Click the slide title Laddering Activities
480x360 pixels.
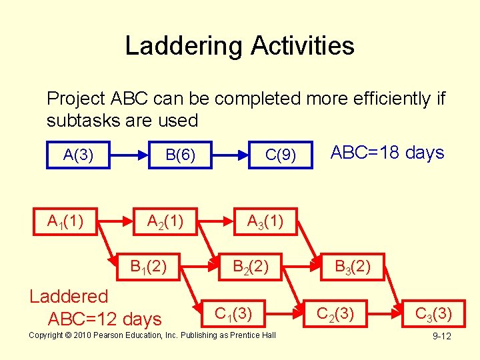pyautogui.click(x=239, y=46)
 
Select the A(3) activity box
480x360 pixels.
pyautogui.click(x=78, y=155)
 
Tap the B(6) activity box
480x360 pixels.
pyautogui.click(x=180, y=155)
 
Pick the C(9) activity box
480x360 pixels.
pyautogui.click(x=281, y=155)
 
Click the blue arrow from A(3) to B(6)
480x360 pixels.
pyautogui.click(x=129, y=155)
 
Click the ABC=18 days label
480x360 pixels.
pyautogui.click(x=387, y=153)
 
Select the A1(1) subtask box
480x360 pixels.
pyautogui.click(x=65, y=221)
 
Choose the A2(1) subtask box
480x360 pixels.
pyautogui.click(x=165, y=221)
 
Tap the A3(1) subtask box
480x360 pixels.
pyautogui.click(x=265, y=221)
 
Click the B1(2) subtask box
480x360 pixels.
pyautogui.click(x=149, y=267)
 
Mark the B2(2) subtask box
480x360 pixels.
pyautogui.click(x=250, y=267)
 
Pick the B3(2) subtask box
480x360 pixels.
pyautogui.click(x=353, y=267)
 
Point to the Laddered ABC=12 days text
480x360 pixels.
pyautogui.click(x=97, y=307)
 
